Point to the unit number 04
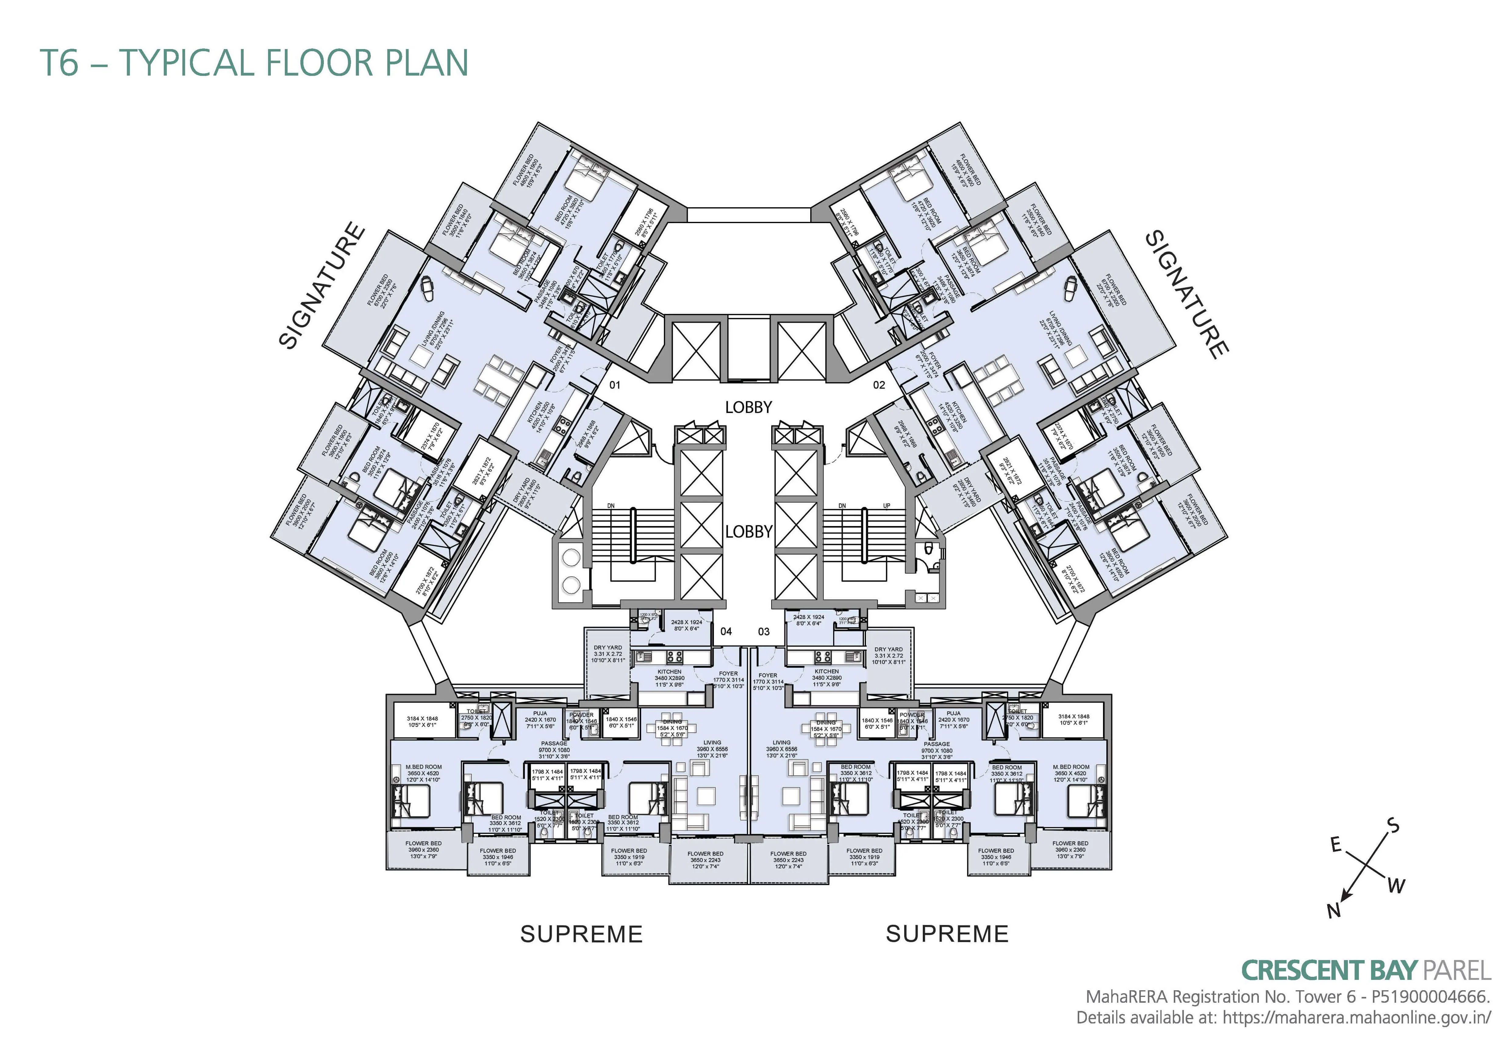[726, 632]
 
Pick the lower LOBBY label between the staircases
[748, 532]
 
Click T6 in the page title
[60, 63]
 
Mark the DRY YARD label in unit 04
[608, 648]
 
